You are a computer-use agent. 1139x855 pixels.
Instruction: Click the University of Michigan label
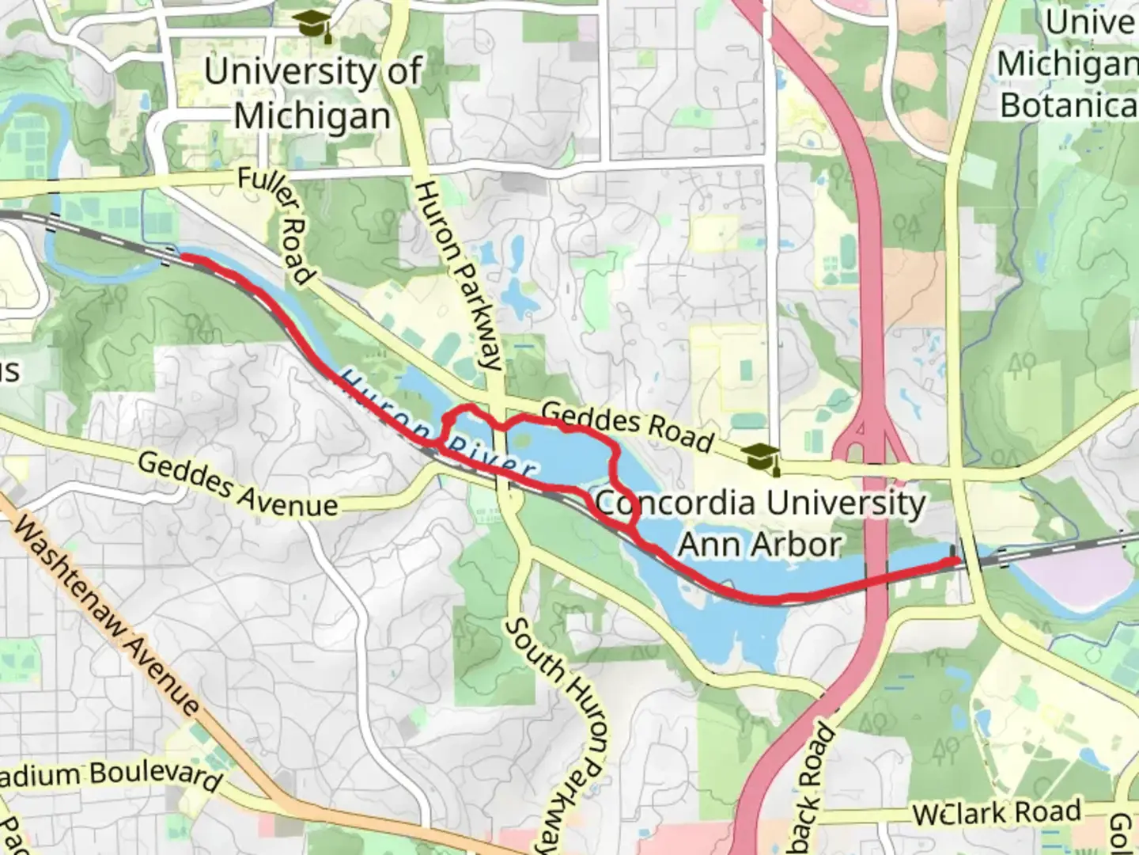click(312, 93)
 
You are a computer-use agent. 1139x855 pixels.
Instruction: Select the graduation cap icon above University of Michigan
click(312, 25)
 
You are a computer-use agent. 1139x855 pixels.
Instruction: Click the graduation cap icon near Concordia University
click(760, 458)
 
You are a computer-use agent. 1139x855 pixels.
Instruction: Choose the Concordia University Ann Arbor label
click(759, 522)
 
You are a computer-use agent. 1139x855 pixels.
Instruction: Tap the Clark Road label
click(997, 812)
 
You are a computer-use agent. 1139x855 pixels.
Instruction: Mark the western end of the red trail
click(184, 256)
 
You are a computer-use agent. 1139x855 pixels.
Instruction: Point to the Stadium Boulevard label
click(111, 774)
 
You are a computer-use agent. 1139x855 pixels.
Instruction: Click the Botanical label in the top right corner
click(1068, 104)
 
